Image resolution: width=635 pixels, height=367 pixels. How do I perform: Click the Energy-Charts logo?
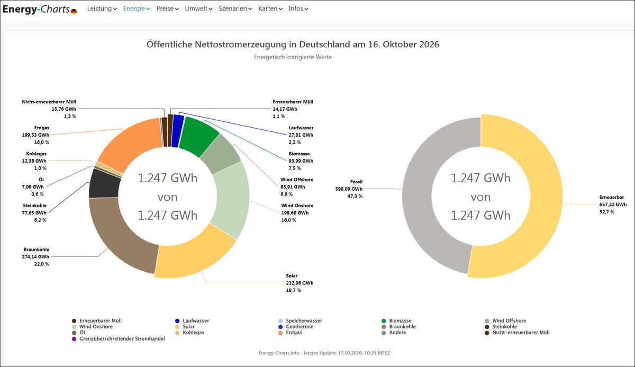point(40,10)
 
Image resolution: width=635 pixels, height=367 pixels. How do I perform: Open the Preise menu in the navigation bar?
point(167,8)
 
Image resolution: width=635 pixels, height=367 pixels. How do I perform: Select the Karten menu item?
point(270,8)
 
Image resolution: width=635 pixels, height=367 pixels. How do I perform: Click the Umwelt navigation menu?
point(198,8)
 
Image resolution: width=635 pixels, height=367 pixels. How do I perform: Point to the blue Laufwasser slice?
point(177,131)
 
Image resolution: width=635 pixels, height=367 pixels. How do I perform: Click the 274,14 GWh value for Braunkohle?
point(35,257)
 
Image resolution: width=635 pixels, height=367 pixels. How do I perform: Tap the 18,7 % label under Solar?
point(293,290)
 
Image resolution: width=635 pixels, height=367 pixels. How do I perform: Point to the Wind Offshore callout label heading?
point(297,180)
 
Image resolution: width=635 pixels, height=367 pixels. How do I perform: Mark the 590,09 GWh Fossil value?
point(349,189)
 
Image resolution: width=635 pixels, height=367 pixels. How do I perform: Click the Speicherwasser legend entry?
point(301,321)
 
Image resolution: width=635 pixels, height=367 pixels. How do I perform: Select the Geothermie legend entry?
point(296,326)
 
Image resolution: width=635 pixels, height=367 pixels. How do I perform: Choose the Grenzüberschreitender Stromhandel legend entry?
point(119,338)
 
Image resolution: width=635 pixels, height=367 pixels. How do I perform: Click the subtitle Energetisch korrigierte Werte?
point(293,57)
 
